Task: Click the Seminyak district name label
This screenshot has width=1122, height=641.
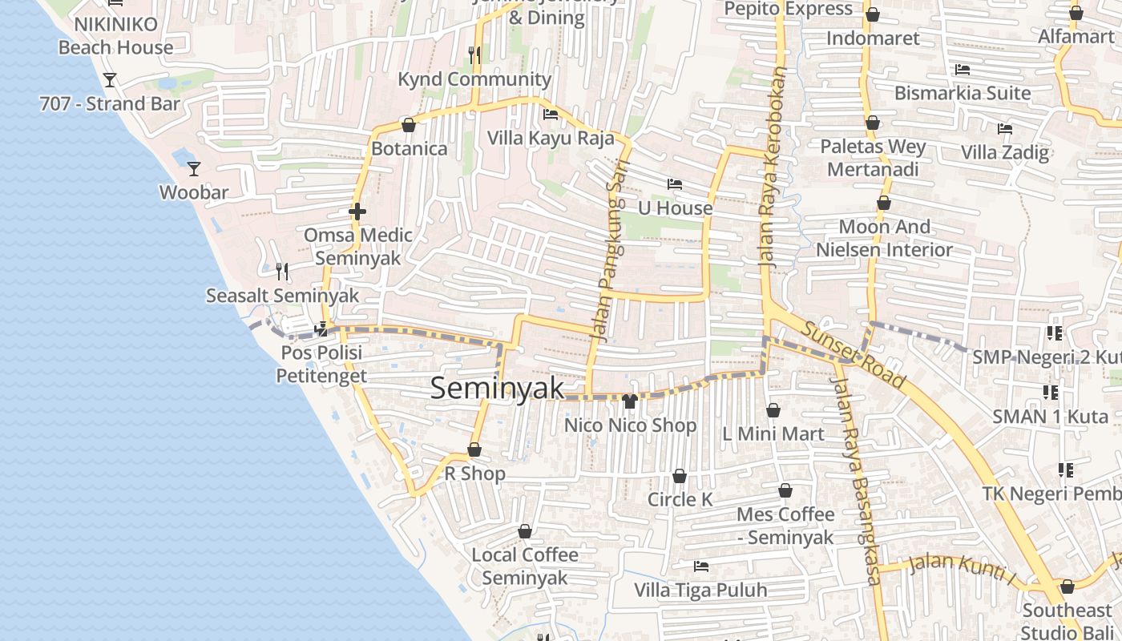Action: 497,389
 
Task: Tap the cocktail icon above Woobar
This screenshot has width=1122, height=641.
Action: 193,168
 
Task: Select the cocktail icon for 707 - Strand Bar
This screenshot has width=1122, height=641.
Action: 110,79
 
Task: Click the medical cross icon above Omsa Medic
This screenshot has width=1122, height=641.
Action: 357,212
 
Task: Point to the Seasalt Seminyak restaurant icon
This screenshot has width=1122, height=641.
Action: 282,272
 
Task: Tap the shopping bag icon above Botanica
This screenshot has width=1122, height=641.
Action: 408,125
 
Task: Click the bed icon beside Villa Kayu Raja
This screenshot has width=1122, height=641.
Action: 550,114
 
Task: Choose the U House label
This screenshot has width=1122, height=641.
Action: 675,208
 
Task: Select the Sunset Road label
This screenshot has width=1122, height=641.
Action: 854,356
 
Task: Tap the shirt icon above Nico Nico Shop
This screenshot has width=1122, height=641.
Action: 629,401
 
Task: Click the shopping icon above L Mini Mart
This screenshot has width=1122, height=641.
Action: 773,410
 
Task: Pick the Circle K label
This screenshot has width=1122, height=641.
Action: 680,499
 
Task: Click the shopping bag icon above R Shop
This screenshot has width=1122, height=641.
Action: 474,450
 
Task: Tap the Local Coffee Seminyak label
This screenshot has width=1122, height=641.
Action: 525,566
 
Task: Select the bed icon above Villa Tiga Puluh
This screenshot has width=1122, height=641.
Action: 701,566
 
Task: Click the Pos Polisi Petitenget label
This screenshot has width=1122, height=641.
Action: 321,364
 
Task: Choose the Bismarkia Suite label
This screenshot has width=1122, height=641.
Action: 963,93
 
